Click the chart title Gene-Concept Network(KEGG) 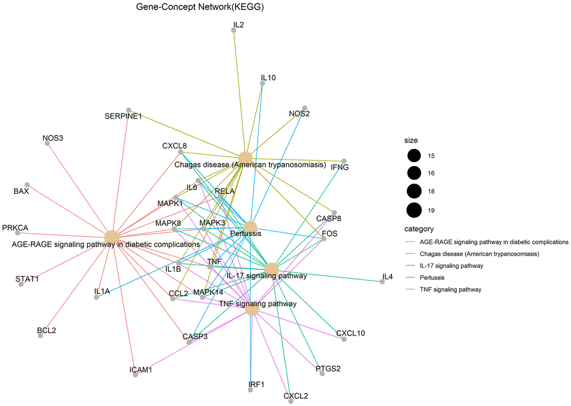click(200, 7)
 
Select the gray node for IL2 click(234, 30)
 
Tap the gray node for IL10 click(262, 83)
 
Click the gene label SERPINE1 click(123, 116)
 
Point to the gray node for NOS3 click(47, 143)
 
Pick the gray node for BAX click(27, 185)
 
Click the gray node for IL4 click(382, 282)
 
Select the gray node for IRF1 click(250, 390)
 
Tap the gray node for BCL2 click(40, 336)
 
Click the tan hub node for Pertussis click(250, 228)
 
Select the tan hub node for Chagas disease click(245, 158)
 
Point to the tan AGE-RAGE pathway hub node click(112, 237)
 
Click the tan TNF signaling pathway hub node click(252, 309)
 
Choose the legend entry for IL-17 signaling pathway click(451, 266)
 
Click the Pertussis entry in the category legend click(432, 277)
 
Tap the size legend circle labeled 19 click(414, 210)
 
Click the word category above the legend click(419, 229)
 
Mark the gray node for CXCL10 click(344, 339)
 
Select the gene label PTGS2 click(328, 369)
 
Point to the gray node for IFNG click(344, 161)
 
